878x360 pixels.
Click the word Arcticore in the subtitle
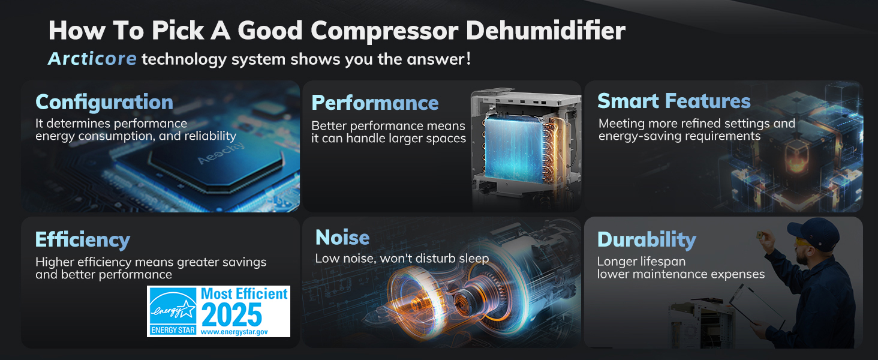coord(92,59)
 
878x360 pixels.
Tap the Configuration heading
coord(104,102)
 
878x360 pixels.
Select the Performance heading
coord(375,103)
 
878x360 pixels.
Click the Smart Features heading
coord(673,101)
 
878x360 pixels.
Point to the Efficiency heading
coord(83,240)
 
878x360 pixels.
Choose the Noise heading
coord(342,237)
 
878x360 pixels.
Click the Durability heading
coord(647,240)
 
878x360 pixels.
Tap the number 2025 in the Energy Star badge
coord(232,314)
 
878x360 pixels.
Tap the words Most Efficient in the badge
coord(244,294)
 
